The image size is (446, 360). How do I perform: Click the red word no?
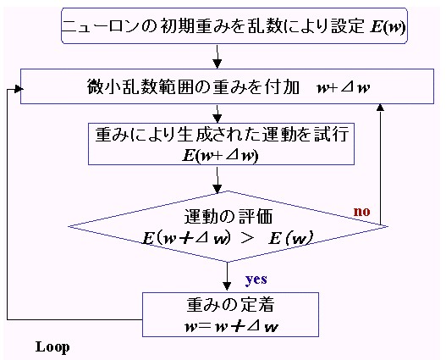pos(362,212)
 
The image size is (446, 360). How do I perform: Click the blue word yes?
pos(256,280)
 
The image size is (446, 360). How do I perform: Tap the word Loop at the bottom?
pos(52,347)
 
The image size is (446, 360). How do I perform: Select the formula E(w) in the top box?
pos(388,27)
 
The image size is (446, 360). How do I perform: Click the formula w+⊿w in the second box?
pos(344,87)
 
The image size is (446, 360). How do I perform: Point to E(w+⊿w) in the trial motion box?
pos(220,155)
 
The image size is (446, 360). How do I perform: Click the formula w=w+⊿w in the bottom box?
pos(231,326)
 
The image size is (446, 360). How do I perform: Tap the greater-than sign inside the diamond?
pos(246,238)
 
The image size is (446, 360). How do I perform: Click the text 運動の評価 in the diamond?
pos(229,216)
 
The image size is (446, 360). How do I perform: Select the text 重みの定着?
pos(230,304)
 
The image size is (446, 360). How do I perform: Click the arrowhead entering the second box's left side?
pos(18,89)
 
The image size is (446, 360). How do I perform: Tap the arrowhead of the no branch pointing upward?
pos(380,108)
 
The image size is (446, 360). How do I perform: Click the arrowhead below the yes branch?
pos(227,285)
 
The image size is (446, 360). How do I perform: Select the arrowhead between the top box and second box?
pos(217,64)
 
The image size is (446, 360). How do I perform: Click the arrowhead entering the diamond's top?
pos(217,188)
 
